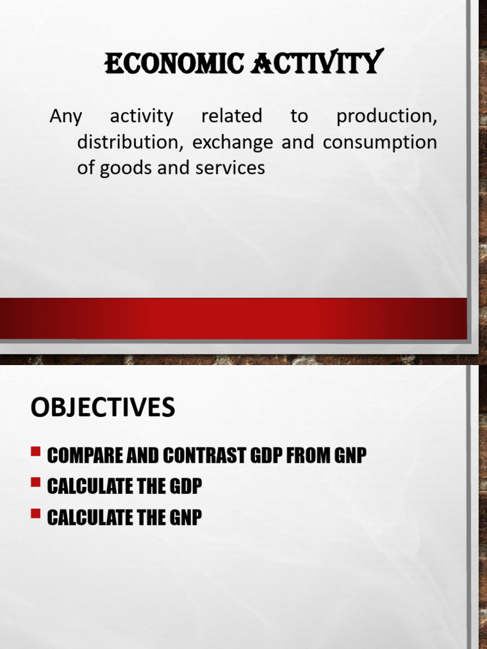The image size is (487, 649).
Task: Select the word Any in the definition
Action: [x=65, y=117]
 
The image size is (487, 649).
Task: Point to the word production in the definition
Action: [x=386, y=117]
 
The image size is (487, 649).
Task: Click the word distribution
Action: [x=131, y=143]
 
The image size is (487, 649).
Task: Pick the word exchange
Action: [x=233, y=143]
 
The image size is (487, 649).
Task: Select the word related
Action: [x=231, y=117]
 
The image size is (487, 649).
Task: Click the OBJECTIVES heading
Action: [x=102, y=408]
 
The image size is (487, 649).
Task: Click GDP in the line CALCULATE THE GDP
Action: [x=185, y=487]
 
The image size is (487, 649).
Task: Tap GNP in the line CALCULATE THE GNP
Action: [x=185, y=518]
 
